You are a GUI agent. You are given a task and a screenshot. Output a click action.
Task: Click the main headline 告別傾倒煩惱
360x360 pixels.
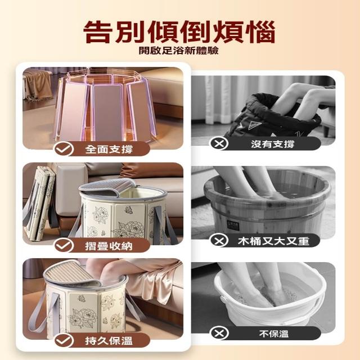(x=179, y=32)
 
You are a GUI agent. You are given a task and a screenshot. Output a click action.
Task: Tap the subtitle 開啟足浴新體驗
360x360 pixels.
(x=179, y=51)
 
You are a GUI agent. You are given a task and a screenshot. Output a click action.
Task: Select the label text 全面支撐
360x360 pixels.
(x=109, y=150)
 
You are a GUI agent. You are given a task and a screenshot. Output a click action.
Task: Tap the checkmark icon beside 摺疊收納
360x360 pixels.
(x=64, y=246)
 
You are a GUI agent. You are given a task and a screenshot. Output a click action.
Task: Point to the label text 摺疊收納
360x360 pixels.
(x=109, y=246)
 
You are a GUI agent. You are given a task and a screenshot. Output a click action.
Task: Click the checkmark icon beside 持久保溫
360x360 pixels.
(x=64, y=341)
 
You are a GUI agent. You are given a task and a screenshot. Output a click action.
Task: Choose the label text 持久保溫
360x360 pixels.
(x=109, y=341)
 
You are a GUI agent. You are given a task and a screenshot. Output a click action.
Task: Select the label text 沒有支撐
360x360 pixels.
(x=272, y=144)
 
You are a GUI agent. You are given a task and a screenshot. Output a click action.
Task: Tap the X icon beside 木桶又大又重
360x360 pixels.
(x=219, y=241)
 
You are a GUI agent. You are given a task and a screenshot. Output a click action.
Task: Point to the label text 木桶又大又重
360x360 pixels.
(x=273, y=241)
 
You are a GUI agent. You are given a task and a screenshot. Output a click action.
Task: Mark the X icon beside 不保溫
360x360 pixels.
(x=219, y=333)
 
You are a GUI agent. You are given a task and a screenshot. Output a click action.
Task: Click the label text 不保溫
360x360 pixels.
(x=274, y=334)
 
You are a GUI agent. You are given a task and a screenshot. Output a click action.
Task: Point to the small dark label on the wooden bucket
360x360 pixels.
(x=233, y=225)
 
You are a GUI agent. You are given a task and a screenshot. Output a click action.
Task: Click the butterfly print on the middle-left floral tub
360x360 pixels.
(x=129, y=210)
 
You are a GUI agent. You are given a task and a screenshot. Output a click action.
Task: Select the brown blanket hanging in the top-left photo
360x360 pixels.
(x=38, y=85)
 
